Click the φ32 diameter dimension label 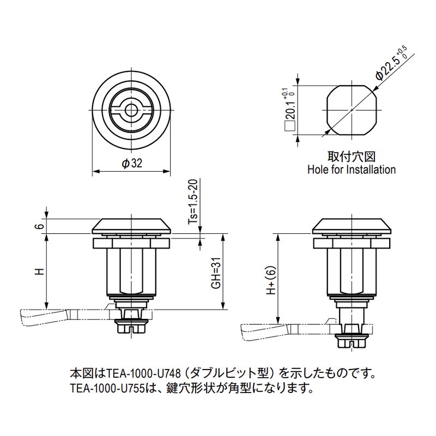(132, 163)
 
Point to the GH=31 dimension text (216, 273)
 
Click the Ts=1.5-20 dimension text (193, 202)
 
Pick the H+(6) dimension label (271, 280)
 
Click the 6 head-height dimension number (40, 226)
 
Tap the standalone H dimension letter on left (40, 271)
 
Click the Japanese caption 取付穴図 (352, 156)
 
